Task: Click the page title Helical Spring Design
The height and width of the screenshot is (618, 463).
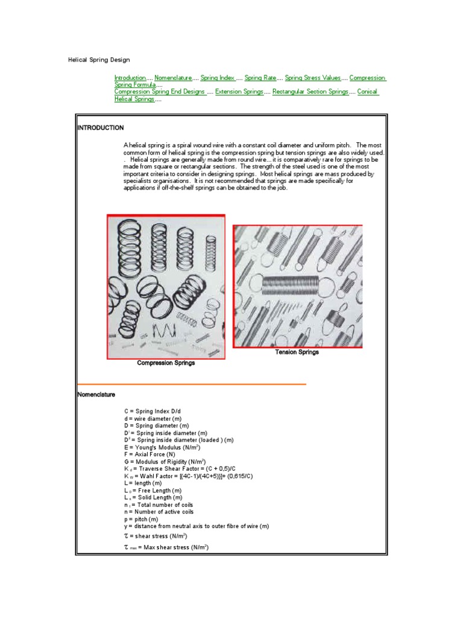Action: [98, 60]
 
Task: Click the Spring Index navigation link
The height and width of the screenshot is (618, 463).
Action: [218, 78]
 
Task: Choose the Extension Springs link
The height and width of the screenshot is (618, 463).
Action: [240, 92]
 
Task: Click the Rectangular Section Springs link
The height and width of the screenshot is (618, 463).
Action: [310, 92]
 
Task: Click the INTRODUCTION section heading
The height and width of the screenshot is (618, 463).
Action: [101, 128]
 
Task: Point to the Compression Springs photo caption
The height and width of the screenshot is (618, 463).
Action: [166, 363]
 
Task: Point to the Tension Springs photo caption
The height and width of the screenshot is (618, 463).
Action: [297, 352]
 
